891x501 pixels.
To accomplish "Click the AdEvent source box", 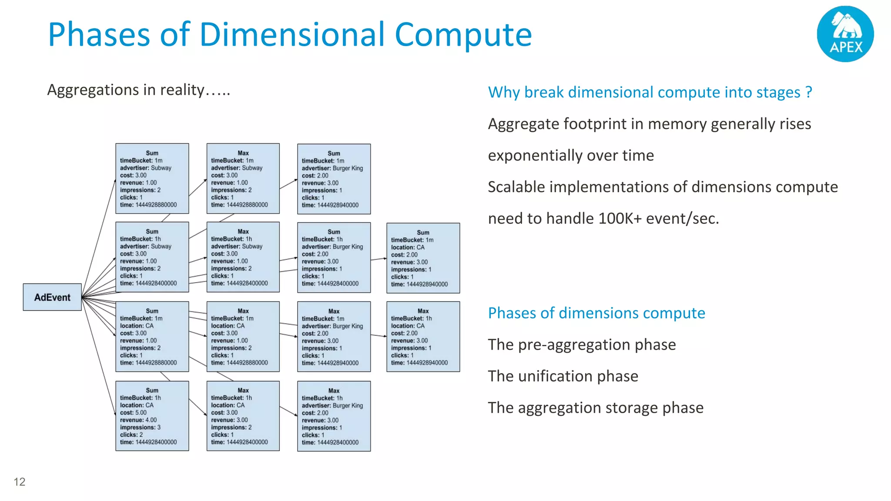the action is point(52,297).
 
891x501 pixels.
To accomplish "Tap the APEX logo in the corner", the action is point(845,34).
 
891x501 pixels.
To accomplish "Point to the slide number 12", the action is point(20,482).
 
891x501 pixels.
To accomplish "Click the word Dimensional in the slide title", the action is point(292,34).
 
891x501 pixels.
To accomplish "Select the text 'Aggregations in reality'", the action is point(126,90).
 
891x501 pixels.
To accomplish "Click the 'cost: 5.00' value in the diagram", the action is point(134,413).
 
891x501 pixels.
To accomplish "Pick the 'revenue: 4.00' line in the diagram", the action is point(138,420).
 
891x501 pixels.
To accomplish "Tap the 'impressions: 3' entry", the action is point(140,428).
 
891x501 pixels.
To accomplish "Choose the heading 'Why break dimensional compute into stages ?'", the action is point(650,92).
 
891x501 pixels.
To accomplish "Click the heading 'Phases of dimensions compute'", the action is point(596,313).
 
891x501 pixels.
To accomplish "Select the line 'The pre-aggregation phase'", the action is point(582,344).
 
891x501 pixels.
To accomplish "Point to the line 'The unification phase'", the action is point(563,376).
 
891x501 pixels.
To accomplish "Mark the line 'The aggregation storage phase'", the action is point(596,407).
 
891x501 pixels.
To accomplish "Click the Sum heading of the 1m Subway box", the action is point(152,153).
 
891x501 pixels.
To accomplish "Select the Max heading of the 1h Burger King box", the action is point(334,391).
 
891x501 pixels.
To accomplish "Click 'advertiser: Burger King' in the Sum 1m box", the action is point(332,168).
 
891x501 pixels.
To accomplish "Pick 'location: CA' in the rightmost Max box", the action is point(408,326).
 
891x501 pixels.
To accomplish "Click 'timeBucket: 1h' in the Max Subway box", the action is point(231,239).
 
